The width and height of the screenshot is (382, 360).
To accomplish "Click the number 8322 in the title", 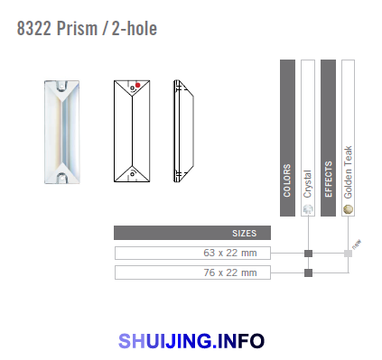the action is (33, 29).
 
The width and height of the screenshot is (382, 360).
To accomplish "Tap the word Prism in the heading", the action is (77, 29).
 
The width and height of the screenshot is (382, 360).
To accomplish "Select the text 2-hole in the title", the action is (135, 29).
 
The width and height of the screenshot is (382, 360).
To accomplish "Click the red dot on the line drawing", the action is (137, 85).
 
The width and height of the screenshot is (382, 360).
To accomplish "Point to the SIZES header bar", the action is (192, 233).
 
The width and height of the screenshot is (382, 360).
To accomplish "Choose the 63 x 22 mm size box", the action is (192, 253).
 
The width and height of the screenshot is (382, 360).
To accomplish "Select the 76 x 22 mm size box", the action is (192, 272).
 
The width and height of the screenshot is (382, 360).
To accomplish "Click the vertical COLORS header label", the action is (287, 180).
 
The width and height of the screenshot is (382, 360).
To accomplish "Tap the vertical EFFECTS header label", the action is (328, 180).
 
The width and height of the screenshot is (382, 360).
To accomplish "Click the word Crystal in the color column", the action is (307, 184).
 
